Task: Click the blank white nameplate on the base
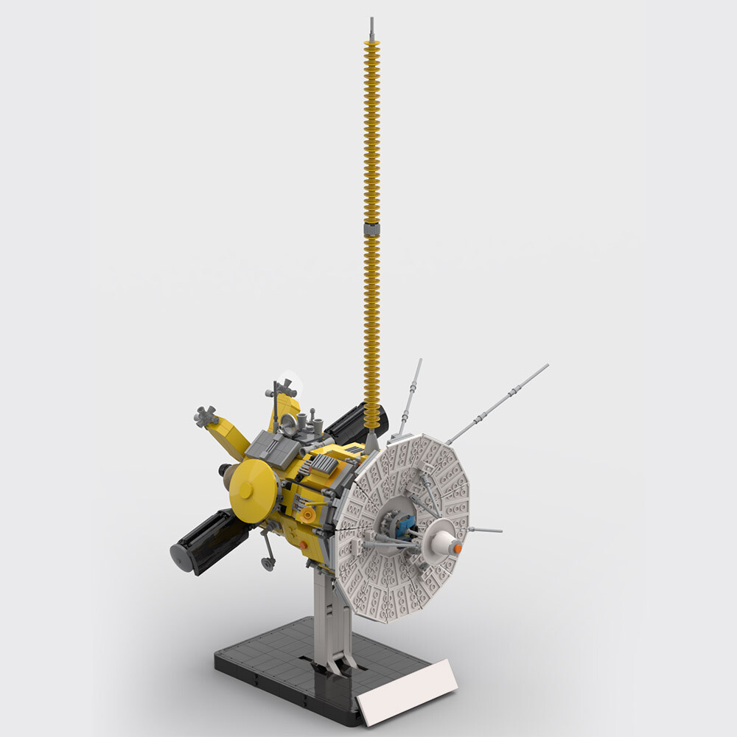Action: coord(408,689)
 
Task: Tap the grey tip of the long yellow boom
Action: coord(370,28)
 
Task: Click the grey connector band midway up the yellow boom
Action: coord(371,229)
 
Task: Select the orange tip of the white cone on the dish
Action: coord(458,548)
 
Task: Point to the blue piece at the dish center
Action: coord(403,526)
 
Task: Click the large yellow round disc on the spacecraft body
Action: coord(253,491)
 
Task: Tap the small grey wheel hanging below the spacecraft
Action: coord(268,564)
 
